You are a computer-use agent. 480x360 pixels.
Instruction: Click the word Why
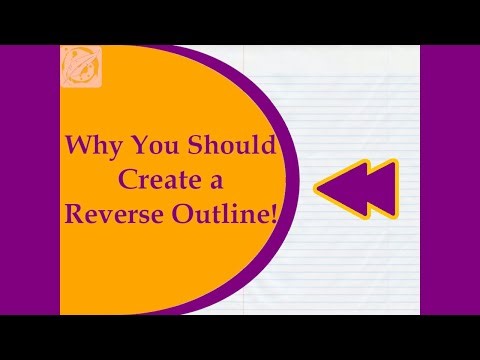[91, 145]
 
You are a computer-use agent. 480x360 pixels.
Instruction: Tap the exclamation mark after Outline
[272, 214]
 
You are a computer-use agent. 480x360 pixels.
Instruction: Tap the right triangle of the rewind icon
[378, 188]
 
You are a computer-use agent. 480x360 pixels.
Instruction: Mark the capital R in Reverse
[74, 214]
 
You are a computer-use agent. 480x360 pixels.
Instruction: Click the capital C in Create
[126, 180]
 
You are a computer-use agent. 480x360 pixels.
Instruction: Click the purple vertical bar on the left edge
[29, 180]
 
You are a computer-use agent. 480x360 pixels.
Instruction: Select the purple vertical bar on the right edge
[450, 180]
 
